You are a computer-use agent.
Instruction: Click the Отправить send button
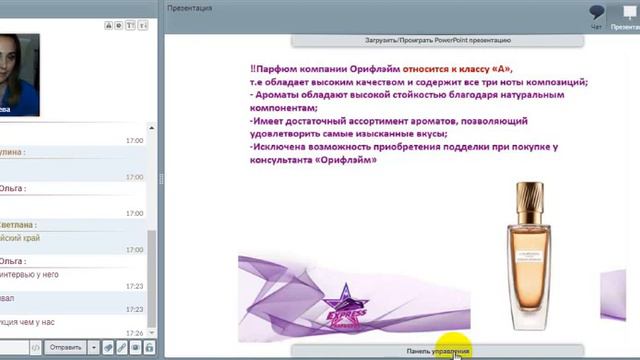point(65,347)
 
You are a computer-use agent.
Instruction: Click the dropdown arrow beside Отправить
point(92,347)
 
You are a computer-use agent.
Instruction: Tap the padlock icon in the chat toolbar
point(148,347)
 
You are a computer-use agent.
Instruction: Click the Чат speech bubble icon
point(597,13)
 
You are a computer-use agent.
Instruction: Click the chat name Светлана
point(20,224)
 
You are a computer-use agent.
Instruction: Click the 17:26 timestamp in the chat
point(134,332)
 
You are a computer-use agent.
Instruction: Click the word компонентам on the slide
point(285,108)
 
